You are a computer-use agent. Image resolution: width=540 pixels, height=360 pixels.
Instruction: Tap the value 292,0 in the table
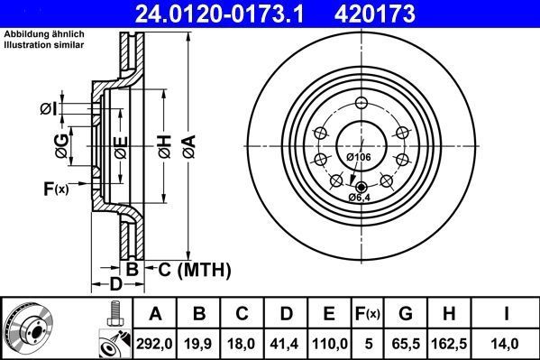[155, 342]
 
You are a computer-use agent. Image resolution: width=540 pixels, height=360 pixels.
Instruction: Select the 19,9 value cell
[200, 342]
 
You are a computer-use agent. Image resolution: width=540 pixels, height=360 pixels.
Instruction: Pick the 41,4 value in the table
[285, 342]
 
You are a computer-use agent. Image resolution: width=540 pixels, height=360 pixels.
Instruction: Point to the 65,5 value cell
[407, 342]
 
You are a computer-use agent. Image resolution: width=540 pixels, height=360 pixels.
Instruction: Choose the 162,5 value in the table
[452, 342]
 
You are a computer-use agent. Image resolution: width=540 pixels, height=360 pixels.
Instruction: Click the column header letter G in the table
[407, 314]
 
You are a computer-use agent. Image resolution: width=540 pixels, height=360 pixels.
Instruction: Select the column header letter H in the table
[452, 314]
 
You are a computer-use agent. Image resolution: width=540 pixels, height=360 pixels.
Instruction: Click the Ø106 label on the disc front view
[359, 158]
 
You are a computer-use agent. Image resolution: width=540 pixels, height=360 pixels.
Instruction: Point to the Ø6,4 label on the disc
[362, 198]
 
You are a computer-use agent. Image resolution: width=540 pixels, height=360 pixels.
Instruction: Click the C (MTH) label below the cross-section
[195, 269]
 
